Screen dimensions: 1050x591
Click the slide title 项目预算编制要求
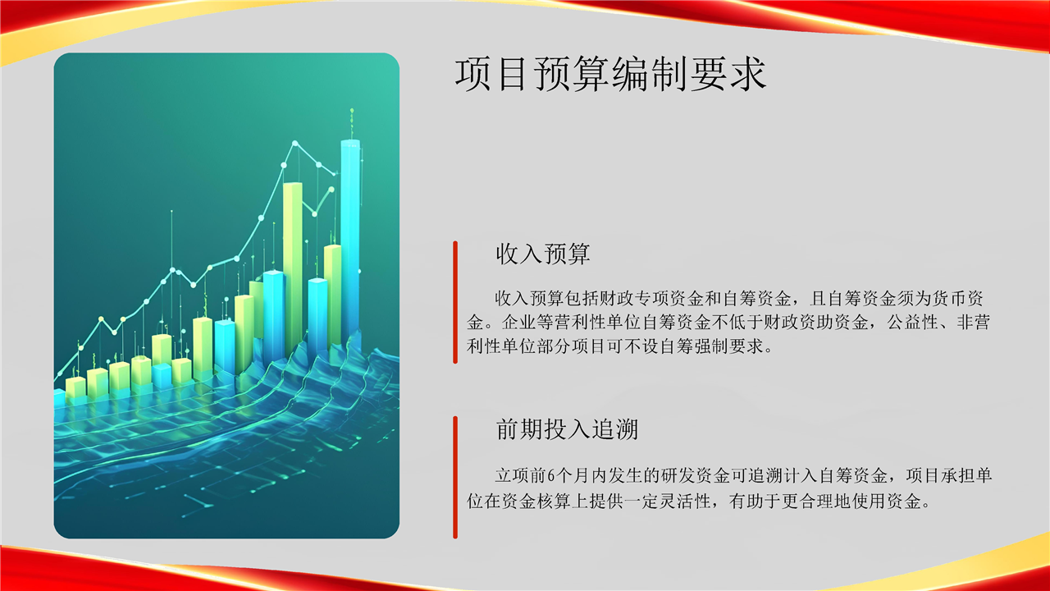[x=611, y=74]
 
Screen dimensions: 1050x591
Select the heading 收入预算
[x=543, y=254]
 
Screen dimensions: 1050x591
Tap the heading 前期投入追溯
[x=567, y=429]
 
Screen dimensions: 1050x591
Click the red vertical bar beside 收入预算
[x=455, y=302]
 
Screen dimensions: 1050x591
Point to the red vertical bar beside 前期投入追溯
[x=455, y=477]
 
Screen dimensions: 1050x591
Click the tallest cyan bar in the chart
[x=350, y=239]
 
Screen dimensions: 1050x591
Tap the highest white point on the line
[x=294, y=143]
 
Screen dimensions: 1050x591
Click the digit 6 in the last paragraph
[x=550, y=476]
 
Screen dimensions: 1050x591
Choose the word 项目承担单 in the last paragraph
[x=949, y=476]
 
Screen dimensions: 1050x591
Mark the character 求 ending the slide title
[x=749, y=74]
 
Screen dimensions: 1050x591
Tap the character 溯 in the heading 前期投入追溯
[x=628, y=429]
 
